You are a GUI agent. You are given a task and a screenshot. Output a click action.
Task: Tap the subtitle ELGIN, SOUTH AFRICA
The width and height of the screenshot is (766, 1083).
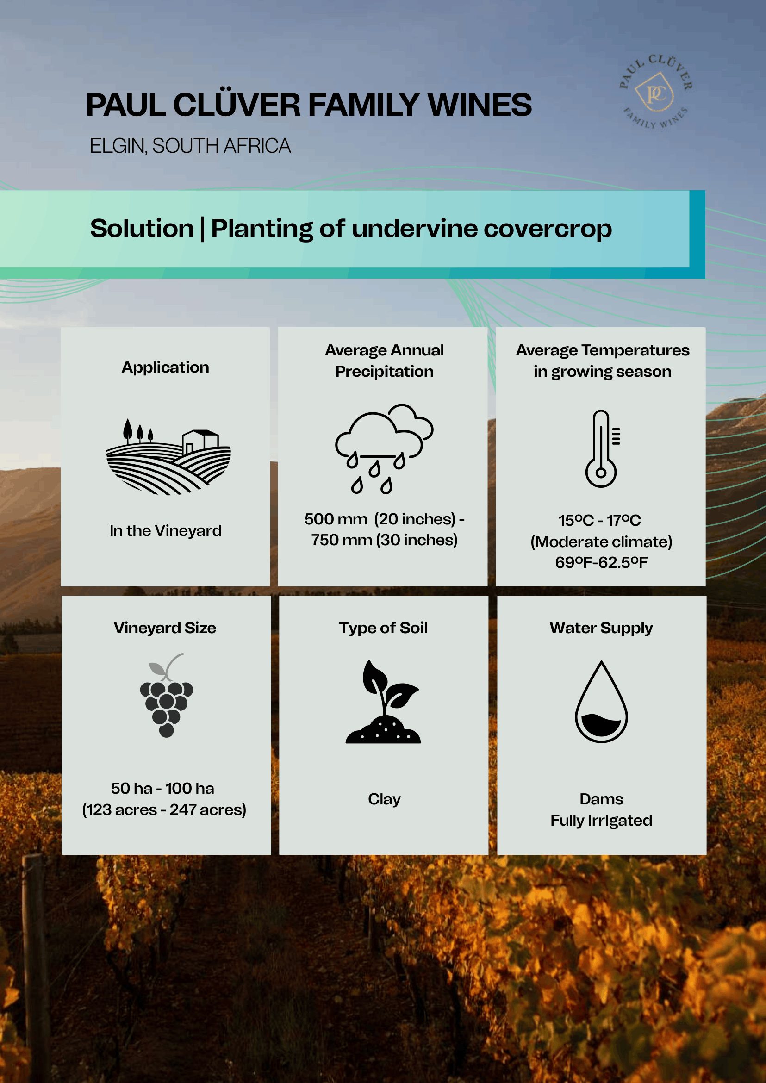(190, 146)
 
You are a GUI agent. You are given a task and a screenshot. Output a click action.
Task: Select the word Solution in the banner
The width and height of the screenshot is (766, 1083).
(142, 228)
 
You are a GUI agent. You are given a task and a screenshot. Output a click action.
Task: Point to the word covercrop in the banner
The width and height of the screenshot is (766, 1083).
(548, 229)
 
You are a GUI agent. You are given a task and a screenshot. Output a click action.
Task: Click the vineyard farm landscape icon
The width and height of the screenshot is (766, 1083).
(168, 456)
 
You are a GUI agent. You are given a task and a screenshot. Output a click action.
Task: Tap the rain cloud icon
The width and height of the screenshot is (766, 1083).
(384, 448)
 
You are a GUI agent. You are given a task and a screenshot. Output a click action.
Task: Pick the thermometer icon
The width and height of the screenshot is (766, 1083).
(602, 448)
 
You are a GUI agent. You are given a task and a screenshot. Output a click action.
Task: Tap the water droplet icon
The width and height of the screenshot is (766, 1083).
(601, 701)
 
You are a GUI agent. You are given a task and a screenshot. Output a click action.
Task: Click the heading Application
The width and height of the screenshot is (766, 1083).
(165, 367)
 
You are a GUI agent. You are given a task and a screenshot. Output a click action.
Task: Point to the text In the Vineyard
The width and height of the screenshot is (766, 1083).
(166, 531)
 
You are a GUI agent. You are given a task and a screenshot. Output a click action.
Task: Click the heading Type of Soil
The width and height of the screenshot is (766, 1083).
(383, 628)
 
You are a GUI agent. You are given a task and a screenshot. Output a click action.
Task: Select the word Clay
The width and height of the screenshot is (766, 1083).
(384, 799)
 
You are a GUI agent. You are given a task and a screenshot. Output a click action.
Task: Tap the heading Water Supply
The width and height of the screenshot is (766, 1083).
(601, 629)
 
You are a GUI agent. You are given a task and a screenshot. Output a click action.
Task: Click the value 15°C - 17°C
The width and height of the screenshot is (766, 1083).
(599, 520)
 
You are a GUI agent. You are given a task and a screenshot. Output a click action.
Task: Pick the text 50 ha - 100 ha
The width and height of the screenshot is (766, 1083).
(163, 788)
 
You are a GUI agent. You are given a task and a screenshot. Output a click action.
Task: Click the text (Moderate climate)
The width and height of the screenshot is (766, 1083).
(601, 541)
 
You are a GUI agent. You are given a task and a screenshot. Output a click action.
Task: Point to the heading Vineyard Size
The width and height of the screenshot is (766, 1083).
(165, 629)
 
